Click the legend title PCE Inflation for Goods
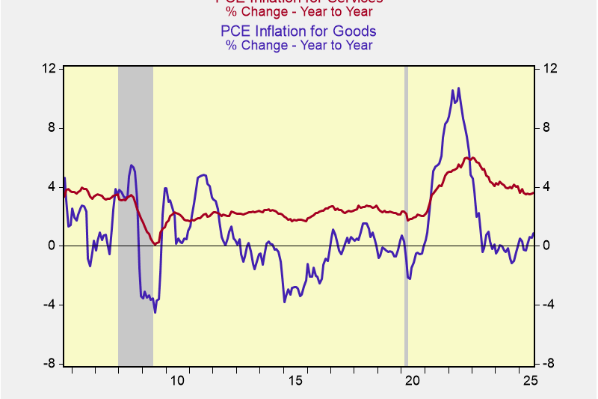[298, 31]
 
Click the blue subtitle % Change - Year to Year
[298, 45]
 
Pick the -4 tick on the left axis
[50, 305]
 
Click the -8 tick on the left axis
[50, 364]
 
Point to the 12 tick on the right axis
[550, 69]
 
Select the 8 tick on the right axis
[547, 128]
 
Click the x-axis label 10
[177, 381]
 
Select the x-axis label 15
[295, 381]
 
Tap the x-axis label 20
[413, 381]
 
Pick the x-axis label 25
[531, 381]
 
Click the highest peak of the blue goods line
[458, 88]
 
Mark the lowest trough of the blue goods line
[155, 312]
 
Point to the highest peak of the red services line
[469, 157]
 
